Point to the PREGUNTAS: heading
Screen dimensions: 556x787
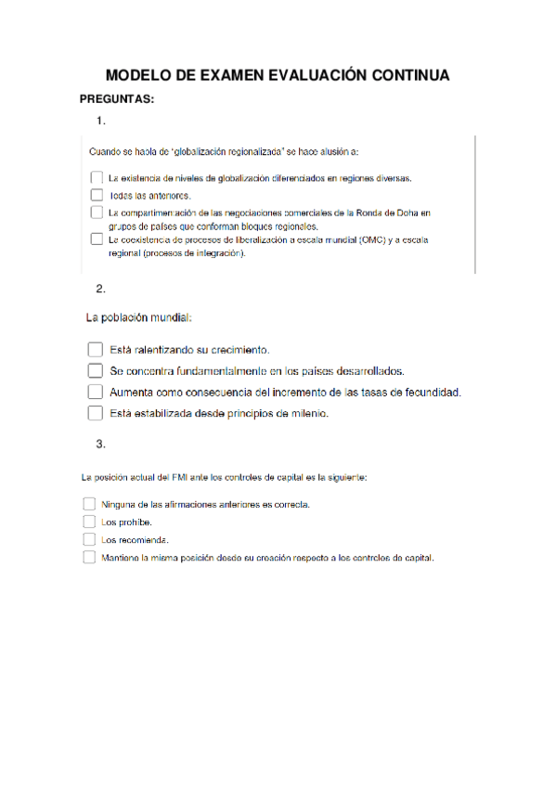click(x=117, y=98)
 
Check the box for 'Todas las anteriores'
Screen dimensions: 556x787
click(x=97, y=195)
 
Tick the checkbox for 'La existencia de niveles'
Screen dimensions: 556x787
click(x=97, y=177)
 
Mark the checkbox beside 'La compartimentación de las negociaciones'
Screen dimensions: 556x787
click(x=97, y=213)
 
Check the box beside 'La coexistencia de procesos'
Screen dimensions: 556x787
click(x=97, y=239)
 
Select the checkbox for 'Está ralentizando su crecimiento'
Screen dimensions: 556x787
click(x=94, y=350)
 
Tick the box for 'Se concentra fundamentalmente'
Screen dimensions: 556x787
click(x=94, y=370)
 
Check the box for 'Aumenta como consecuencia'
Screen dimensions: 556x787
click(x=94, y=392)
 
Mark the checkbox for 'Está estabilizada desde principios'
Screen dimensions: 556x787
click(x=94, y=413)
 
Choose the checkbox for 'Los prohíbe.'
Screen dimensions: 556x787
click(x=89, y=522)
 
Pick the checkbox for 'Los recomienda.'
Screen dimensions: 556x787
click(x=89, y=539)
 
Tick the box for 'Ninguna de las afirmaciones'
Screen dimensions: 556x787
click(x=89, y=504)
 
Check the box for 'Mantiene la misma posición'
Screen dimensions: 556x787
click(x=89, y=558)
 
